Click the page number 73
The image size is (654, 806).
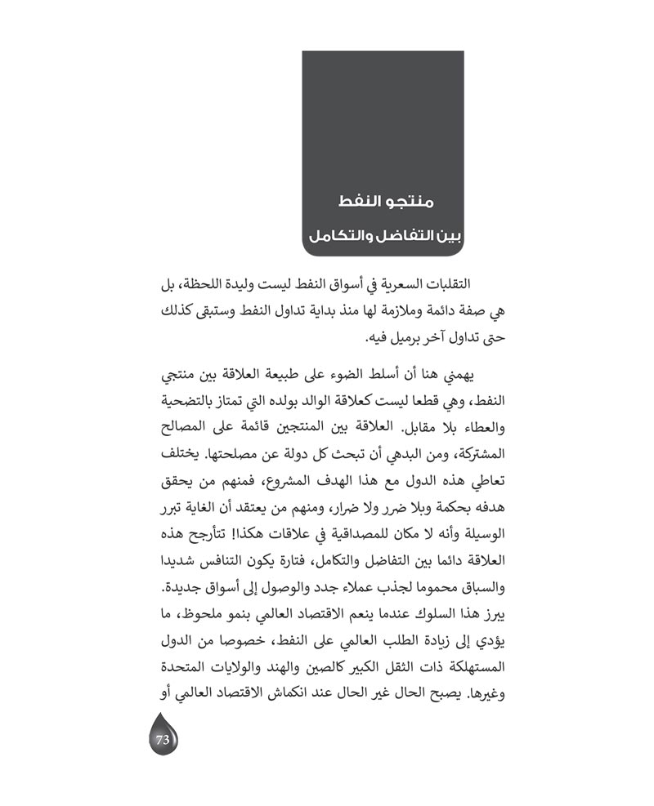pos(162,741)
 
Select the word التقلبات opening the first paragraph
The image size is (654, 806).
pos(455,283)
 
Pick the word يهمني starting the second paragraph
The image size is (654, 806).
pos(468,376)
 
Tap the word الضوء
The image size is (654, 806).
pos(352,376)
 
